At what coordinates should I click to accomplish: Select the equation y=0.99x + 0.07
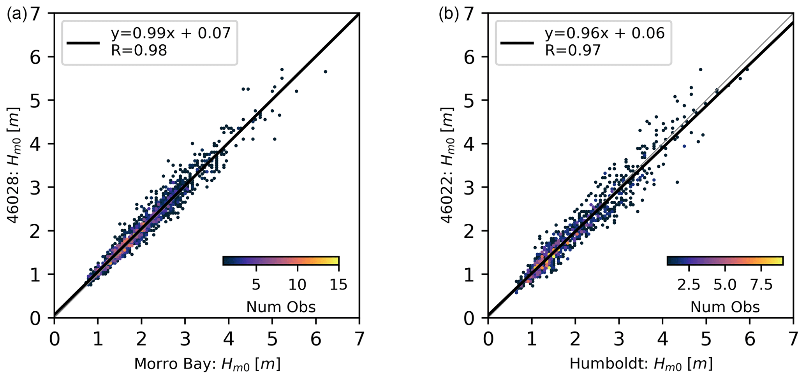(171, 33)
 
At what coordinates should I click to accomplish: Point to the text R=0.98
(139, 50)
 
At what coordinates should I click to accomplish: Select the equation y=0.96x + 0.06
(604, 33)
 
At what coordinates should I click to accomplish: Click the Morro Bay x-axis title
(207, 364)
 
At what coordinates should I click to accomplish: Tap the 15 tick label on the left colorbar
(338, 285)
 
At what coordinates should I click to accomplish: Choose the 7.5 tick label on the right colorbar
(761, 285)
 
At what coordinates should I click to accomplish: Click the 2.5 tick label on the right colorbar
(689, 285)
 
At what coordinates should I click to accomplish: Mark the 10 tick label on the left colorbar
(297, 285)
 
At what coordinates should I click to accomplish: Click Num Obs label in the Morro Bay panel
(281, 307)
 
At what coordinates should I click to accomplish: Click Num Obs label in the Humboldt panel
(725, 307)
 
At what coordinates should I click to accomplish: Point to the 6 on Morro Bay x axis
(316, 340)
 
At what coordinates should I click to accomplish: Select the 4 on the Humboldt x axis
(662, 340)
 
